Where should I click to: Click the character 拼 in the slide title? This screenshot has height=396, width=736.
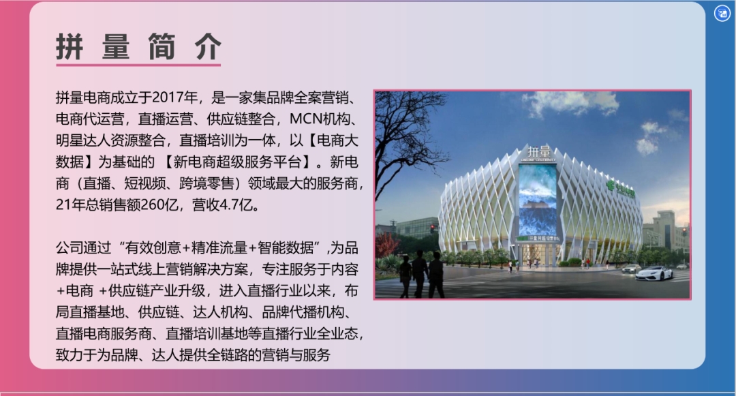point(70,47)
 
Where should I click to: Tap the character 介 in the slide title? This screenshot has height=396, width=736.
point(208,47)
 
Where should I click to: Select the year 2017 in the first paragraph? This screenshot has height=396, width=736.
point(168,97)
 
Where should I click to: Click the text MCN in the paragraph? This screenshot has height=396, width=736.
point(306,119)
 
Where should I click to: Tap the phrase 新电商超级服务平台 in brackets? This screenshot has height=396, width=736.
point(237,162)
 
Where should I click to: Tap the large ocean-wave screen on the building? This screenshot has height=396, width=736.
point(538,200)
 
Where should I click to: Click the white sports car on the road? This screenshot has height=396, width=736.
point(654,273)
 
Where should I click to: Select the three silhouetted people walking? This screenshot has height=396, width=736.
point(420,274)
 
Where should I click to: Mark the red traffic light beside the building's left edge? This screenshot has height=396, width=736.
point(432,228)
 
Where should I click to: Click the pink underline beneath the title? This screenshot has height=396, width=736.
point(138,65)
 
